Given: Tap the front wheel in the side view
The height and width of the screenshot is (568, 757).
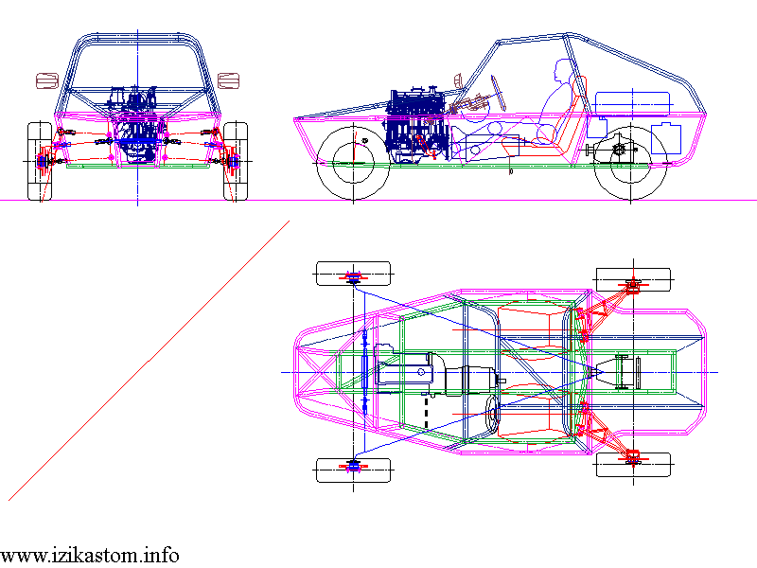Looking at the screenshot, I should [x=353, y=163].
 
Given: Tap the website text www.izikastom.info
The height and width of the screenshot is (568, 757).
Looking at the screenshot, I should [x=89, y=555].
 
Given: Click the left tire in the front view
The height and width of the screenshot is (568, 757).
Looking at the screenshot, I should [x=40, y=162].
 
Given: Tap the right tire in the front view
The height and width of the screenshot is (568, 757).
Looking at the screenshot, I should [x=236, y=162].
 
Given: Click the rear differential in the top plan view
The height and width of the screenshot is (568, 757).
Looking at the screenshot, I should [x=621, y=371].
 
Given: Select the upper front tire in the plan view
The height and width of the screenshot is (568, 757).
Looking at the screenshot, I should [x=352, y=273].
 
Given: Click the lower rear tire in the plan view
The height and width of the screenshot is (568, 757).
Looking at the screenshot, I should [x=633, y=464].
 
